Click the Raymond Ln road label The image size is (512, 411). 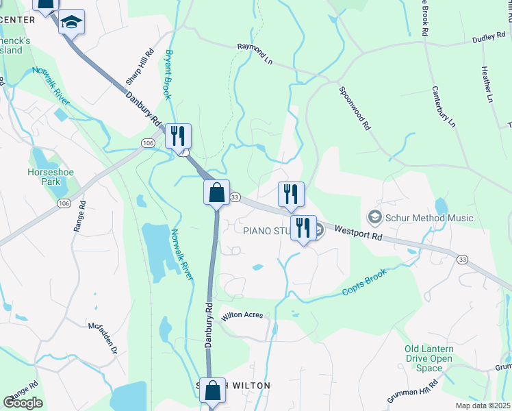255,53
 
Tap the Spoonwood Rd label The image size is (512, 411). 355,108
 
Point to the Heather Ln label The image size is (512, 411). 487,84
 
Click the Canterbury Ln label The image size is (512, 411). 444,106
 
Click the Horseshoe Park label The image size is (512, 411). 45,177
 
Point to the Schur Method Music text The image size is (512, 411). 429,219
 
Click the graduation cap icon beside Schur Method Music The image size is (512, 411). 374,218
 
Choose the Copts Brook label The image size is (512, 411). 365,282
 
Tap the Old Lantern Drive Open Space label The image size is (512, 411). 428,358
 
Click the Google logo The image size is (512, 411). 23,403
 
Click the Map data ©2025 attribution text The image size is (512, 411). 482,406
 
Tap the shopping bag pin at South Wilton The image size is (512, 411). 213,391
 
